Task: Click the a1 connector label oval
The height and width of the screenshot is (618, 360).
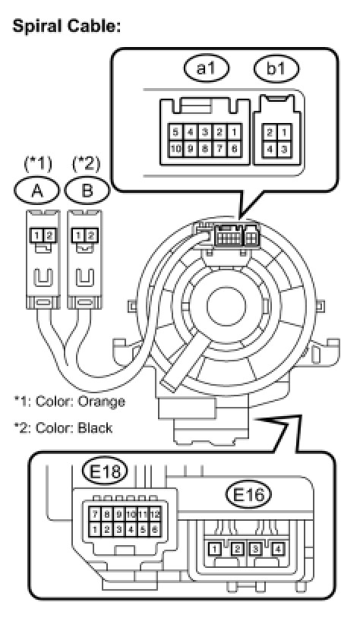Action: (207, 68)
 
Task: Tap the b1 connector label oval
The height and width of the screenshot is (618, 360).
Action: (276, 68)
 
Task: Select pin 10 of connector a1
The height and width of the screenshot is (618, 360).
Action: (175, 149)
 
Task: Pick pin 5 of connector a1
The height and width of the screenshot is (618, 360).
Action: (175, 131)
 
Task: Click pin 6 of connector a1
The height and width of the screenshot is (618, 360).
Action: (234, 149)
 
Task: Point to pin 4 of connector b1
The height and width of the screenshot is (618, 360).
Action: (270, 150)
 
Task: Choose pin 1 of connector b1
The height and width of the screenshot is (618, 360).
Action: (284, 132)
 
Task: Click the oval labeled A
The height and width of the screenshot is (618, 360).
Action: (36, 191)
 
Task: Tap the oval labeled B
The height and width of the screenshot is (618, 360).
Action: (87, 191)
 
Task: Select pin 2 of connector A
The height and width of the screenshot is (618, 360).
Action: (49, 235)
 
